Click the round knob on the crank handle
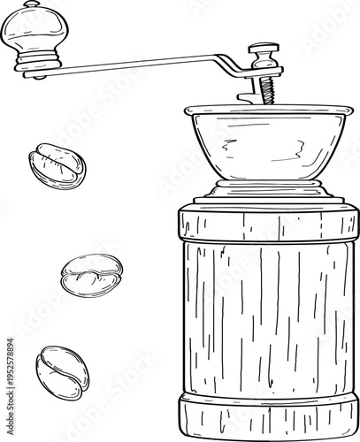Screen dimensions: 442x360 click(x=33, y=34)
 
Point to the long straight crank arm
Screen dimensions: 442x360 click(x=133, y=63)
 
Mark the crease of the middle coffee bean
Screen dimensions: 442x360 click(x=91, y=277)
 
